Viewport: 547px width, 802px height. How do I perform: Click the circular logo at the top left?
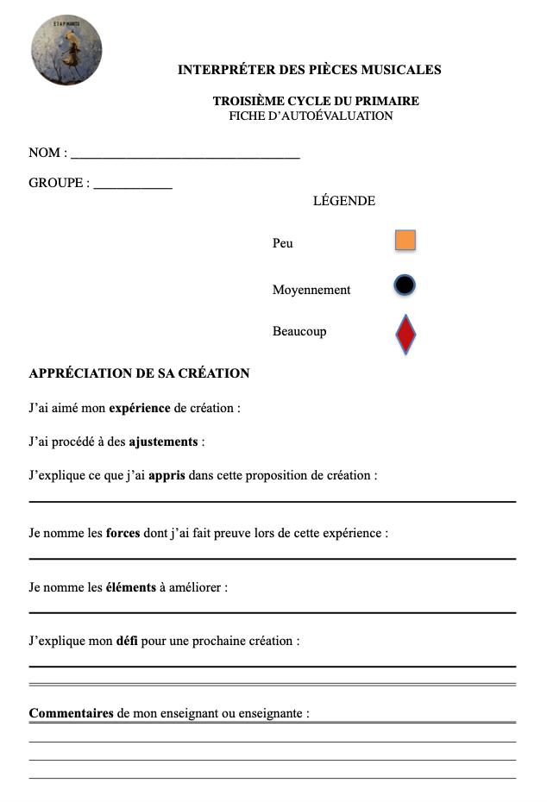[66, 51]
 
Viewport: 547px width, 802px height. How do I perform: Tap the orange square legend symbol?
[406, 241]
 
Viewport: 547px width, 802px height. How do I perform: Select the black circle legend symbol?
[406, 285]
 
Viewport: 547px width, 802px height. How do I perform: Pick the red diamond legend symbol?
[406, 335]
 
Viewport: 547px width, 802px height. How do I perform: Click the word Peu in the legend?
[283, 243]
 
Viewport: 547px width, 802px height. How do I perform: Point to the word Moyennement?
[311, 290]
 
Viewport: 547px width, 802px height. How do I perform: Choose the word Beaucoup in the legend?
[299, 331]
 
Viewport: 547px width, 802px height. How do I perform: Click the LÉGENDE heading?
[344, 201]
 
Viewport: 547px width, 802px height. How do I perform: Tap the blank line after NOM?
[185, 156]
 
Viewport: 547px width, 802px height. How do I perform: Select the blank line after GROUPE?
[132, 185]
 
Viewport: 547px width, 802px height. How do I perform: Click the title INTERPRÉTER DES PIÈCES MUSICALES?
[309, 70]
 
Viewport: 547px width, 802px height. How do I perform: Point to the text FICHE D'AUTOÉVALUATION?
[311, 116]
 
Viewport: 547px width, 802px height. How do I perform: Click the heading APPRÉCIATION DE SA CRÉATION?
[139, 373]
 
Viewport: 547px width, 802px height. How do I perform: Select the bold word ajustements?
[164, 442]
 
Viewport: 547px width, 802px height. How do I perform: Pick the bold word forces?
[123, 533]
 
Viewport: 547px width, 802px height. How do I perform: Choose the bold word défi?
[127, 641]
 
